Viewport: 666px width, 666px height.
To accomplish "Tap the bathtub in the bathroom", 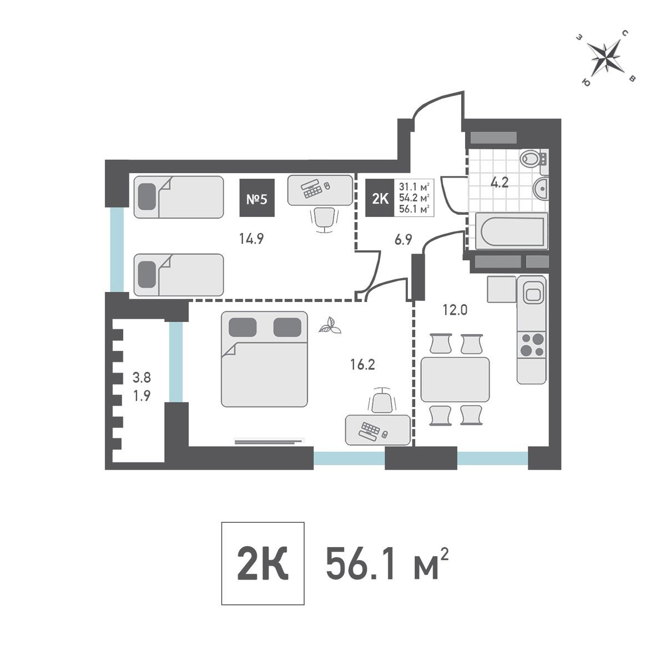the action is [512, 231].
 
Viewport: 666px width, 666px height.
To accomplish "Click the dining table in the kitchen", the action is [455, 379].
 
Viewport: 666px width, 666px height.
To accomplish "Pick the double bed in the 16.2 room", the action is [264, 359].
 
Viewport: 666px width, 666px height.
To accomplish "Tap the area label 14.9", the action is [251, 239].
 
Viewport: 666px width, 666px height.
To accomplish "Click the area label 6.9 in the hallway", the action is [403, 240].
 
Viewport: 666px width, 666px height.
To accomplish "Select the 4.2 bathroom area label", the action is [500, 182].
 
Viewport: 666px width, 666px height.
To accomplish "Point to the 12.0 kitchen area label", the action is [455, 310].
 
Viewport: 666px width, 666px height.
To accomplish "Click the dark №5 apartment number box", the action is [257, 198].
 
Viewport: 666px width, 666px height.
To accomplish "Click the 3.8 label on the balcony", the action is [142, 377].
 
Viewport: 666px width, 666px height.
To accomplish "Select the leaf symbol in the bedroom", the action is [330, 325].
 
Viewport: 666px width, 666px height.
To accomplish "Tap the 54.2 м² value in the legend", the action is [414, 198].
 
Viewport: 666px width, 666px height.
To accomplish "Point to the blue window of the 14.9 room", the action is [117, 250].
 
